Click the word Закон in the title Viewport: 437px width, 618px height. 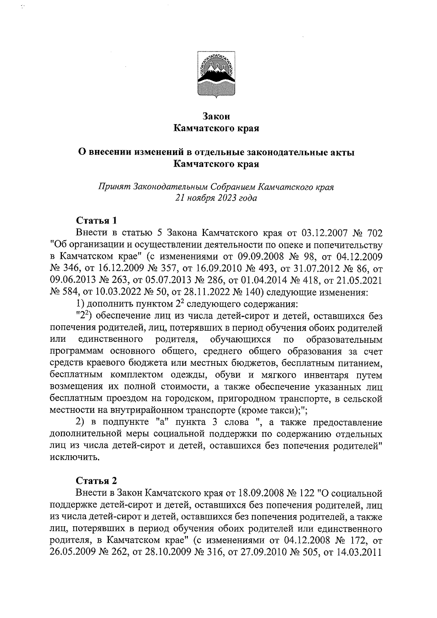[216, 116]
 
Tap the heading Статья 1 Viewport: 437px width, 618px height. [97, 221]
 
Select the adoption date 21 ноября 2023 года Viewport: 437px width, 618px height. [216, 198]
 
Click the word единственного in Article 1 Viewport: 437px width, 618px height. [110, 340]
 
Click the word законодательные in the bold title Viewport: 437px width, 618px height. [268, 152]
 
